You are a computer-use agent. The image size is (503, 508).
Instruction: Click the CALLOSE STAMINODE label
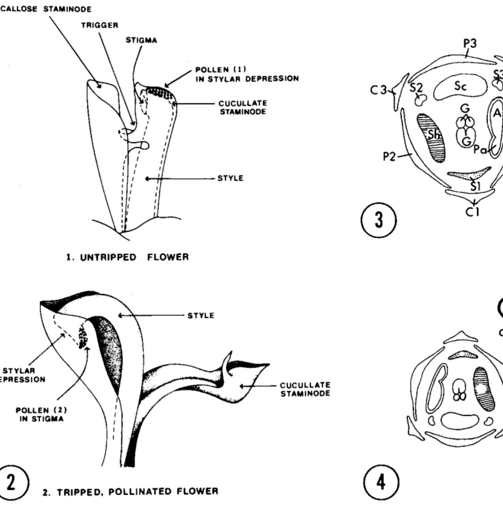[x=45, y=9]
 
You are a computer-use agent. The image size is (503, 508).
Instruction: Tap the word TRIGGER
[x=100, y=25]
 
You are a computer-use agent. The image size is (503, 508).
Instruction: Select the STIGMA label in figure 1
[x=141, y=40]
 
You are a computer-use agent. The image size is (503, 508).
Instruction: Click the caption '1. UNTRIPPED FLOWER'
[x=128, y=257]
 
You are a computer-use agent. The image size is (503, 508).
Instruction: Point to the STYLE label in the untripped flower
[x=231, y=178]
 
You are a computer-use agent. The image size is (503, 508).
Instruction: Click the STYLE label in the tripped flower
[x=201, y=316]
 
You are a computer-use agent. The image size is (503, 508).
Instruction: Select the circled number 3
[x=378, y=221]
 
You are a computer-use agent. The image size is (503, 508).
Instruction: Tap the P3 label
[x=469, y=43]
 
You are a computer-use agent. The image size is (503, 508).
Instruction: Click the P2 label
[x=390, y=157]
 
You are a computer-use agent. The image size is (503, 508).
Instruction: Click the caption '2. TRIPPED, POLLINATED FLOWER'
[x=130, y=492]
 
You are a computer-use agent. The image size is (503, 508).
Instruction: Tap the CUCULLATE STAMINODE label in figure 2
[x=305, y=390]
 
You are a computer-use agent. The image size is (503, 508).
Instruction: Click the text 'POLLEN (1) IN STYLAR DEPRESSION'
[x=247, y=74]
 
